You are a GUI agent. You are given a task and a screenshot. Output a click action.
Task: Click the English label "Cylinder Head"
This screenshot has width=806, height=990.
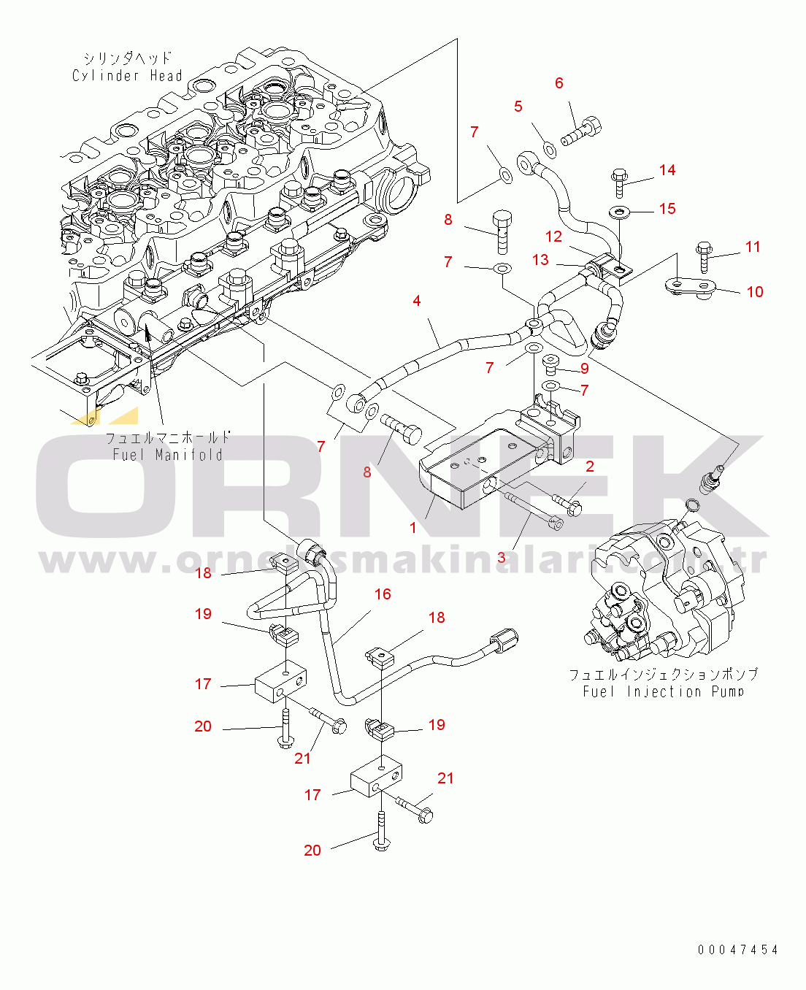coord(127,75)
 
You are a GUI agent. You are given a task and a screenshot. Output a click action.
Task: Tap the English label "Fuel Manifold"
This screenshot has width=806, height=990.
coord(167,455)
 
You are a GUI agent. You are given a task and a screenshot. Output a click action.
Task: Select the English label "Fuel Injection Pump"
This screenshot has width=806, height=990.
coord(663,691)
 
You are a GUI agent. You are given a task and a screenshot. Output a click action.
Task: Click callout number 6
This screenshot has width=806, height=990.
coord(559,83)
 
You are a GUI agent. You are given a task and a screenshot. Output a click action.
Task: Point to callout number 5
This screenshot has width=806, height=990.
coord(518,107)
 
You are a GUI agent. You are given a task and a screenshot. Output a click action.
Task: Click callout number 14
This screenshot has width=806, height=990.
coord(667,170)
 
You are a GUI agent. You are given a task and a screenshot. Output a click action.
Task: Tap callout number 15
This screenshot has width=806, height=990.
coord(667,209)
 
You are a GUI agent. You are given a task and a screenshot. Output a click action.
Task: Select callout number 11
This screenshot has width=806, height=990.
coord(753,247)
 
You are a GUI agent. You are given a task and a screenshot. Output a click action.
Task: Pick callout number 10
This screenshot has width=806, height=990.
coord(755,292)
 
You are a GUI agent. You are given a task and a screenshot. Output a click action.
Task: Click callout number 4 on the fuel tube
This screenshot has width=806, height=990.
coord(417,301)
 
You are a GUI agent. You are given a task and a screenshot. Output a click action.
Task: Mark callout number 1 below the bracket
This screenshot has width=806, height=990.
coord(413,527)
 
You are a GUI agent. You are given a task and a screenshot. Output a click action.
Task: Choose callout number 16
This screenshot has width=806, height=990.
coord(383,594)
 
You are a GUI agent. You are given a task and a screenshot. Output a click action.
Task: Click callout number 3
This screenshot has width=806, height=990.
coord(501,558)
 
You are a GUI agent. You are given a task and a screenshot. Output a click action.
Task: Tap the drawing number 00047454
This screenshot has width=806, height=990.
coord(738,950)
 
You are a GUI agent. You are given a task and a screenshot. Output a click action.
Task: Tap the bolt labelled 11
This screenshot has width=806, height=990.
coord(704,256)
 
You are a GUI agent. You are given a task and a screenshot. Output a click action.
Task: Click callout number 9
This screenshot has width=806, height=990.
coord(585,369)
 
